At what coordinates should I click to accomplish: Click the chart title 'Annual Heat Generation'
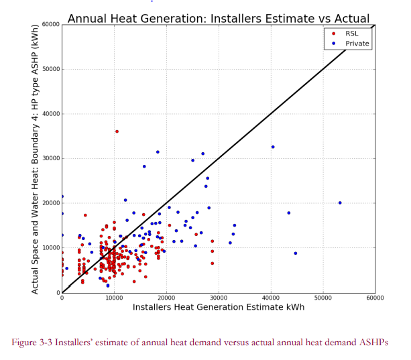137,19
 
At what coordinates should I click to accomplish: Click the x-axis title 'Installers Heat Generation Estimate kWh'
219,307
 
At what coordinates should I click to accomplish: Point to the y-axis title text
35,160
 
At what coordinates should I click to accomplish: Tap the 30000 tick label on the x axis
219,298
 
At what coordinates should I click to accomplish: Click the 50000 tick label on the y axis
51,69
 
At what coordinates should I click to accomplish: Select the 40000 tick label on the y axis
51,114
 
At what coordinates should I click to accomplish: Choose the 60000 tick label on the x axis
375,298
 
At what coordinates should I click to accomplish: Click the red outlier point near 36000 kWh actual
117,131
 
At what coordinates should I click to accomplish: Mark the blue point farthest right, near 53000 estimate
340,203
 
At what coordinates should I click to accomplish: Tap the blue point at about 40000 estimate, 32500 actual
273,147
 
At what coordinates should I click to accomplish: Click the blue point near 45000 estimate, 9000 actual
296,253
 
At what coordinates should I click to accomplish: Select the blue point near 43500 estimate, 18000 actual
289,213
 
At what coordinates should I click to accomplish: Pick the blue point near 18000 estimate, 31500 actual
158,152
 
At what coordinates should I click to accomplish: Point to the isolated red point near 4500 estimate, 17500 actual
85,215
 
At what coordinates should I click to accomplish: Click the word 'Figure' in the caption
24,343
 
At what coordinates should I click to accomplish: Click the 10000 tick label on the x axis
114,298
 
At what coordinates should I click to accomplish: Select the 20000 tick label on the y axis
51,203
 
